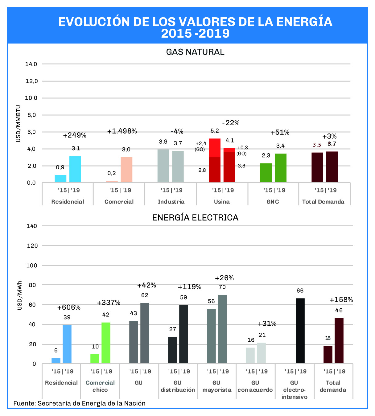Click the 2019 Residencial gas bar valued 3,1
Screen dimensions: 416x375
click(75, 169)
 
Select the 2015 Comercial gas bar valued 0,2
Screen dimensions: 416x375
click(112, 181)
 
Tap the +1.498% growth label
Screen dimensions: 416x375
click(122, 131)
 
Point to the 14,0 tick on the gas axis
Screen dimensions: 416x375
click(31, 64)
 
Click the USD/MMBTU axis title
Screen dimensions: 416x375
click(18, 124)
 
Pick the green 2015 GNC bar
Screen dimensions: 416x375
click(266, 173)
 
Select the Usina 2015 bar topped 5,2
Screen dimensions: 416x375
click(215, 160)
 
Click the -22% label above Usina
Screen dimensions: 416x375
click(231, 123)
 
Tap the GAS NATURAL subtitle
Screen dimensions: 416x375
click(195, 52)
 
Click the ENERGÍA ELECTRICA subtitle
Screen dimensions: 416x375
click(195, 218)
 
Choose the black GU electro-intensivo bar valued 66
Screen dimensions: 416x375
click(300, 331)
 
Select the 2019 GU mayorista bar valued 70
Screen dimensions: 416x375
click(222, 329)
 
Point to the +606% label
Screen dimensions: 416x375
click(69, 307)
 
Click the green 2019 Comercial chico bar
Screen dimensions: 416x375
click(106, 343)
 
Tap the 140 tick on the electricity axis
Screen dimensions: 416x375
click(32, 226)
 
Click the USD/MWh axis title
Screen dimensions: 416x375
click(20, 295)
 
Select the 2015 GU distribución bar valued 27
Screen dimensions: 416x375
click(172, 350)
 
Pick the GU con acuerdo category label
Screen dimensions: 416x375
click(255, 386)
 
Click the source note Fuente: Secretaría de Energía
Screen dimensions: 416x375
click(79, 403)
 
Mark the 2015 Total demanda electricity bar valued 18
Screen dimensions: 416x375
click(328, 355)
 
